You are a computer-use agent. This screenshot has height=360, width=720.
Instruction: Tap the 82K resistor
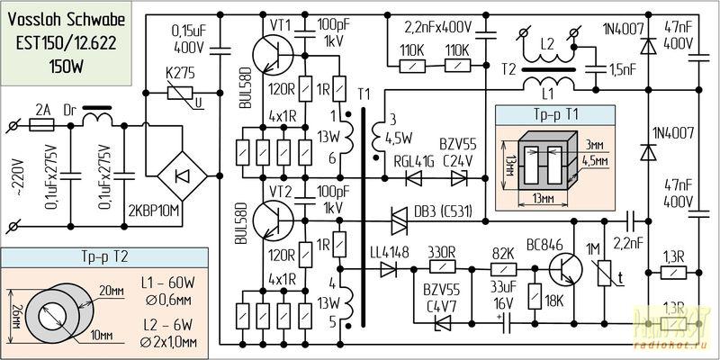[501, 268]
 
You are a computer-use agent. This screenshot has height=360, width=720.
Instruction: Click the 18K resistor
[535, 298]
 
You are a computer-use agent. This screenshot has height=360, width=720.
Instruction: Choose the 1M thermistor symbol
[602, 270]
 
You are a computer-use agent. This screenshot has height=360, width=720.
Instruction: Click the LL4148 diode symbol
[389, 268]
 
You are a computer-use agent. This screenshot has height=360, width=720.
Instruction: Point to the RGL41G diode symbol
[415, 177]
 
